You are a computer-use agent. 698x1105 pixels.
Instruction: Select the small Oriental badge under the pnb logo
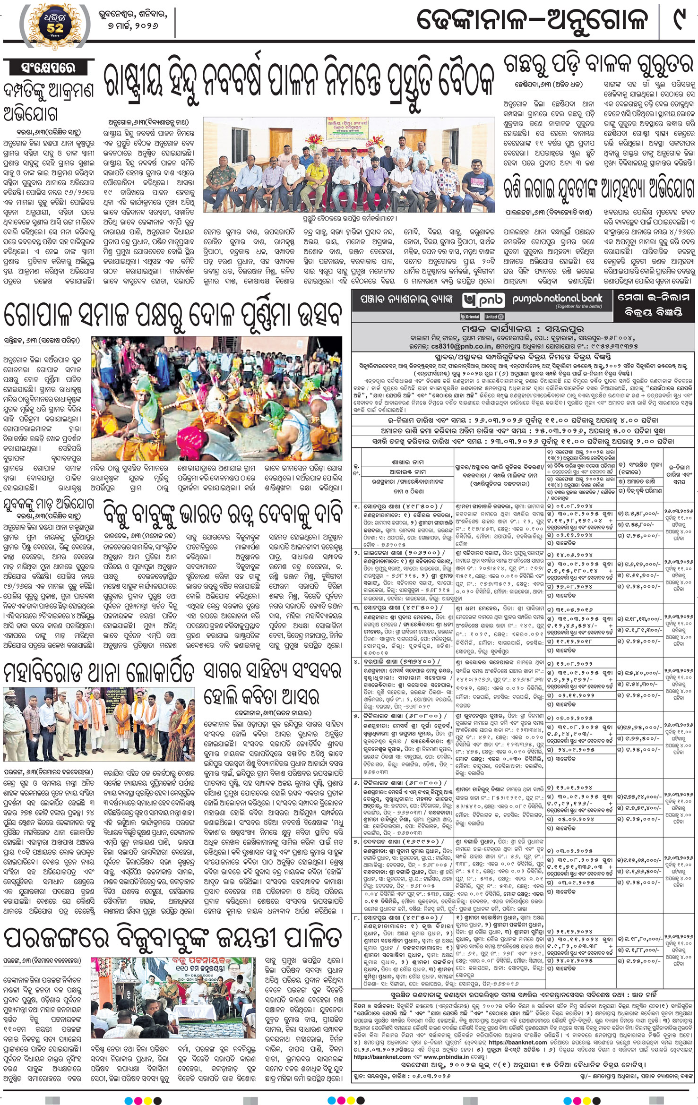click(470, 317)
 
